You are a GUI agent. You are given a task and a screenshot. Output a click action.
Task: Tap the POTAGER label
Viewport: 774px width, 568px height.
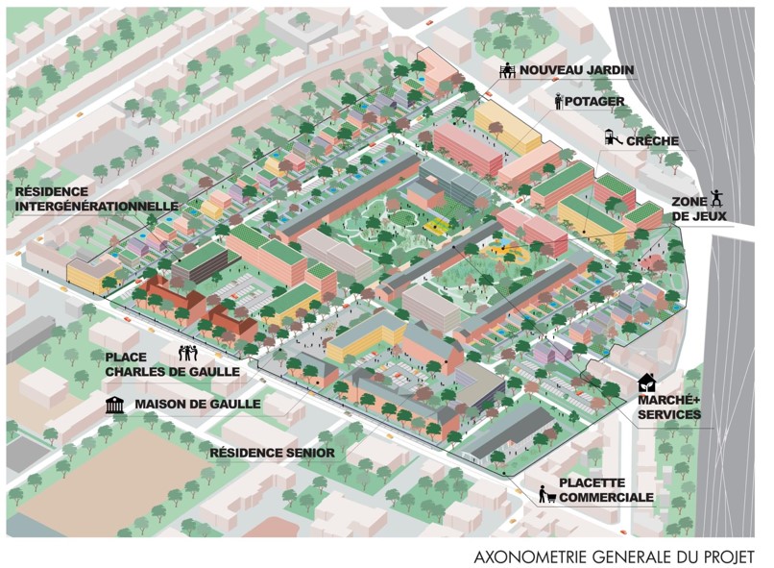(x=595, y=102)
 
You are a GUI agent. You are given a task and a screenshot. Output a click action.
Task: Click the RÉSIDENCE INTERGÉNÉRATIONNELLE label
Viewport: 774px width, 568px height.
(x=95, y=199)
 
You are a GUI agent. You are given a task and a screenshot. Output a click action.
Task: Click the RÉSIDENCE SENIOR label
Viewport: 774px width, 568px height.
(x=272, y=452)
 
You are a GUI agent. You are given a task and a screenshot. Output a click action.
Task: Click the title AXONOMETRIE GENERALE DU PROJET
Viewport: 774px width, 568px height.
(x=615, y=556)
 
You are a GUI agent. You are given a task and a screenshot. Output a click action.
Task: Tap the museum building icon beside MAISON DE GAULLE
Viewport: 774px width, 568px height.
(x=116, y=405)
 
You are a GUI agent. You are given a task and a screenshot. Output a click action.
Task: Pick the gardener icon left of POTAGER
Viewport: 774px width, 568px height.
(x=558, y=101)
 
